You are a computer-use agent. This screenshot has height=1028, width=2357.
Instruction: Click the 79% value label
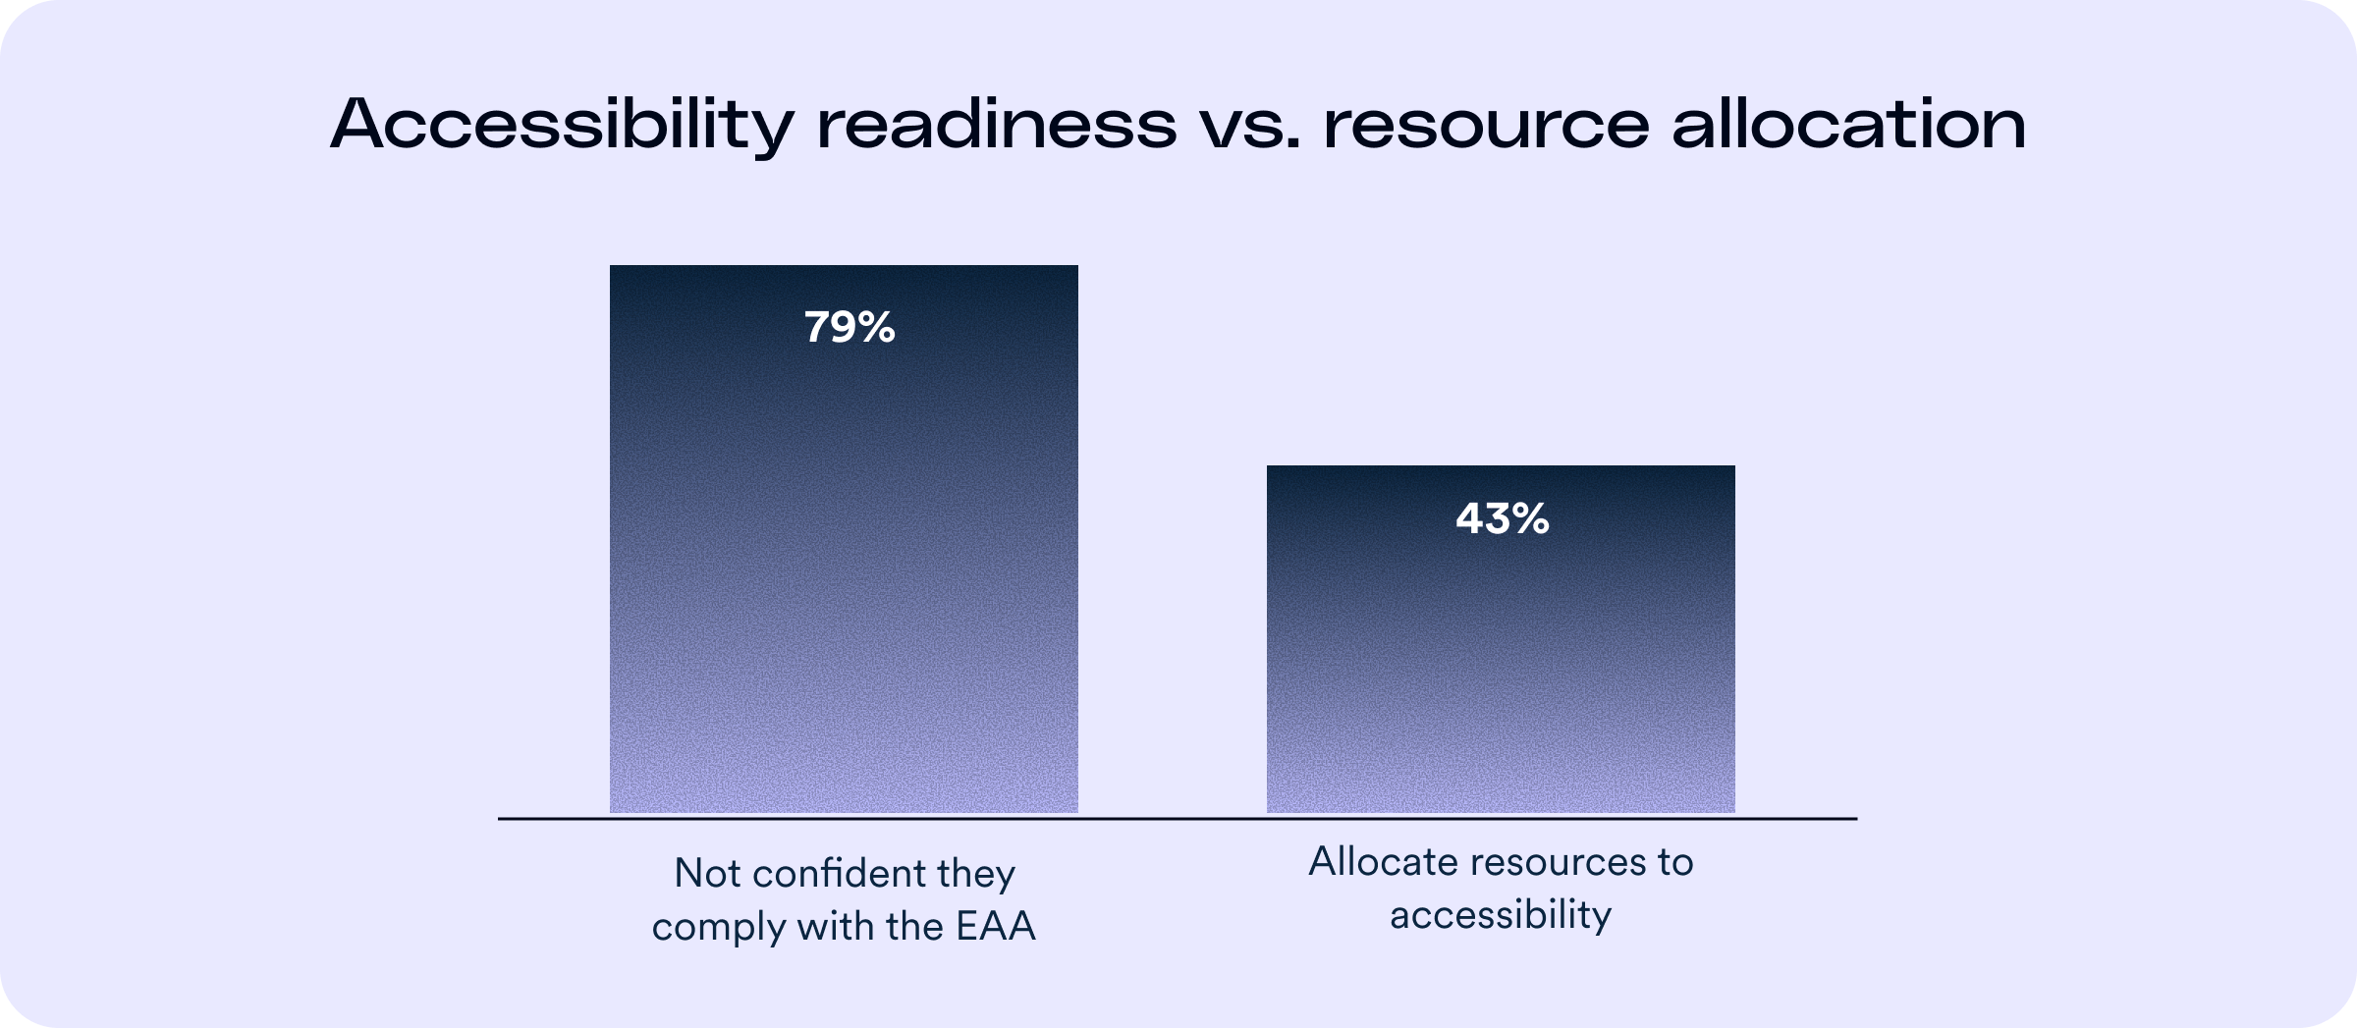pos(850,327)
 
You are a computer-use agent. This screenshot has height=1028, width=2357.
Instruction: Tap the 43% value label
pos(1502,518)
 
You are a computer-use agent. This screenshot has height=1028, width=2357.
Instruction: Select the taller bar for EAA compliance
pos(844,589)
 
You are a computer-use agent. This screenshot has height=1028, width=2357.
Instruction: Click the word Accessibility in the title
pos(561,126)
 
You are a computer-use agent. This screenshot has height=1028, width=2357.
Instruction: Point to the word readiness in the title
pos(997,126)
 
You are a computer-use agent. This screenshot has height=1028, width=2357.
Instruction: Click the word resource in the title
pos(1486,126)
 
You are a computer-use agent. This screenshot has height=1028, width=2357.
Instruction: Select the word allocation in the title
pos(1848,126)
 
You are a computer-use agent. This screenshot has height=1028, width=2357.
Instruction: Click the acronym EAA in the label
pos(996,927)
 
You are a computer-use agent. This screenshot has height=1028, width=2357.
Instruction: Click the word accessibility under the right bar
pos(1500,915)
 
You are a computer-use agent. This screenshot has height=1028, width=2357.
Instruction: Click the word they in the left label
pos(976,874)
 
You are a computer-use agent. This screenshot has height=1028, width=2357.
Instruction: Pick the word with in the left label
pos(832,927)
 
